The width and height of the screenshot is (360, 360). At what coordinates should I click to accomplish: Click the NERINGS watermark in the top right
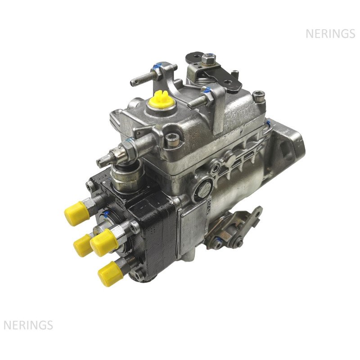(330, 34)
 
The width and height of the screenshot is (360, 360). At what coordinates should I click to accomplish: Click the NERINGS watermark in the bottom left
(28, 325)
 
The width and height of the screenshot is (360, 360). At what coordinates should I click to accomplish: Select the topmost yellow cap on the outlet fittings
(76, 213)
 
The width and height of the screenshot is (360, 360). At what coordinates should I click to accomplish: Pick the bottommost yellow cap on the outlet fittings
(110, 274)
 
